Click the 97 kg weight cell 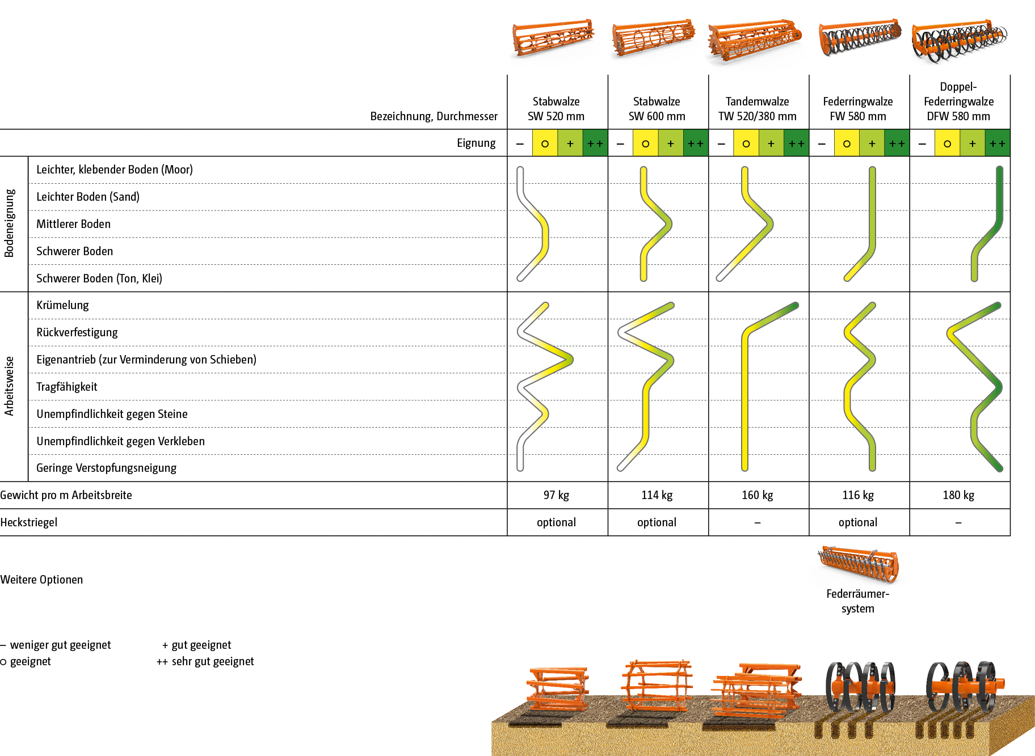coord(556,495)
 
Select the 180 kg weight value coord(958,495)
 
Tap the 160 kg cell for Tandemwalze coord(757,495)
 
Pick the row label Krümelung coord(62,305)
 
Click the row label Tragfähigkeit coord(67,387)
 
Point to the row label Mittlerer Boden coord(73,224)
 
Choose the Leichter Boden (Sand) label coord(88,197)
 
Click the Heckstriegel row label coord(29,522)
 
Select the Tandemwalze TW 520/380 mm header coord(757,109)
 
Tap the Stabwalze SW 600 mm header coord(657,109)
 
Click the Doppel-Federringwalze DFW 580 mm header coord(958,102)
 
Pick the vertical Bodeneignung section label coord(9,223)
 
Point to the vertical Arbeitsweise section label coord(9,386)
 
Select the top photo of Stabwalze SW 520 coord(555,42)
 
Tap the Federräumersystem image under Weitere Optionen coord(859,567)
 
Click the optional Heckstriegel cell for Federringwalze coord(858,522)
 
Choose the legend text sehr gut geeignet coord(213,661)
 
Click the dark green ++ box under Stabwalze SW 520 coord(595,143)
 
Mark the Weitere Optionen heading coord(42,580)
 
